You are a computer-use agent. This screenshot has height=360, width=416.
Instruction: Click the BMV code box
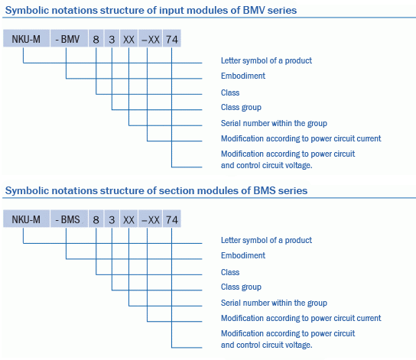pyautogui.click(x=69, y=38)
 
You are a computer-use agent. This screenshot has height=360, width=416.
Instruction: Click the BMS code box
pyautogui.click(x=69, y=219)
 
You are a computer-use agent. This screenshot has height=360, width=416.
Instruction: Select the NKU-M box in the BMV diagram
pyautogui.click(x=26, y=38)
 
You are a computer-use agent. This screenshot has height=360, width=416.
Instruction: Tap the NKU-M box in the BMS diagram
pyautogui.click(x=26, y=219)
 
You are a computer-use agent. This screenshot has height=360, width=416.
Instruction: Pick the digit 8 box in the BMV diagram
pyautogui.click(x=96, y=38)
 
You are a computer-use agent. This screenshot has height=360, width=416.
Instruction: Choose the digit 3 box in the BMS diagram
pyautogui.click(x=112, y=219)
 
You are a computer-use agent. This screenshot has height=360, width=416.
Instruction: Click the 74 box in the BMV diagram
pyautogui.click(x=172, y=38)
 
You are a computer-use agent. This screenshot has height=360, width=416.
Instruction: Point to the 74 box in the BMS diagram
pyautogui.click(x=172, y=219)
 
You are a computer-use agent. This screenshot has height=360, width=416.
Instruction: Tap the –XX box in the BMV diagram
pyautogui.click(x=150, y=38)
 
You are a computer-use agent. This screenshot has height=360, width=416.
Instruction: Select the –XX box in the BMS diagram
pyautogui.click(x=150, y=219)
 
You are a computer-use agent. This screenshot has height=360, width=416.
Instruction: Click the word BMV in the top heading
pyautogui.click(x=254, y=11)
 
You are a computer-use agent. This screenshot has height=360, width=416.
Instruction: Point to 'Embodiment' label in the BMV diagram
pyautogui.click(x=243, y=76)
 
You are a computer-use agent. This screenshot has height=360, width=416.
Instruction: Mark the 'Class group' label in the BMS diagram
pyautogui.click(x=241, y=287)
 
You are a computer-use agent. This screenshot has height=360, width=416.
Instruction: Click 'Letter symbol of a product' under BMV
pyautogui.click(x=266, y=60)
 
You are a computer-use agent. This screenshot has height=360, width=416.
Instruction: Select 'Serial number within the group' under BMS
pyautogui.click(x=274, y=303)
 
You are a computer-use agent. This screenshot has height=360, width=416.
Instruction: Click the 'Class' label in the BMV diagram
pyautogui.click(x=230, y=92)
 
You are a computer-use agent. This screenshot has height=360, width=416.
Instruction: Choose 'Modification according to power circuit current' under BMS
pyautogui.click(x=301, y=318)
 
